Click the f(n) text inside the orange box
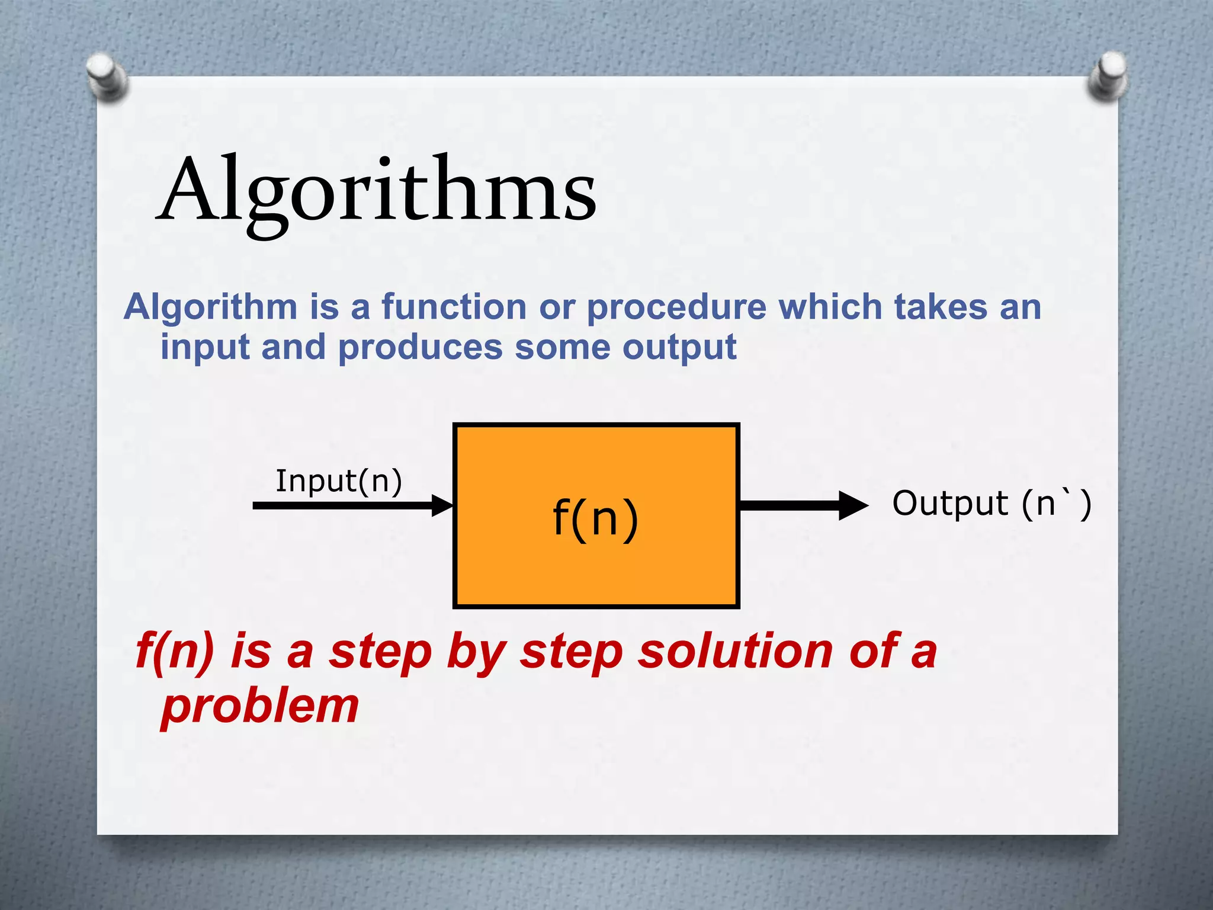[595, 517]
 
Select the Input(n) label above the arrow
[339, 480]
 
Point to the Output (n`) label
[991, 504]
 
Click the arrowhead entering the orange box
[443, 505]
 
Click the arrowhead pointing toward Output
[853, 505]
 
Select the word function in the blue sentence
[454, 307]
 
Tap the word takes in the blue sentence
[941, 307]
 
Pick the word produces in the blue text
[420, 348]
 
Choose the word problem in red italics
[260, 706]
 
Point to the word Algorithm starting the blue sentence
[210, 307]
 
